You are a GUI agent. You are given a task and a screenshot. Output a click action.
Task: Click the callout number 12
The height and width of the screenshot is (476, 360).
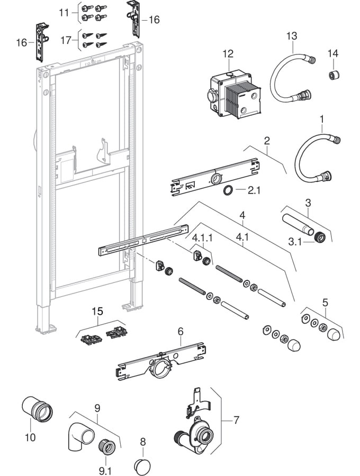(228, 53)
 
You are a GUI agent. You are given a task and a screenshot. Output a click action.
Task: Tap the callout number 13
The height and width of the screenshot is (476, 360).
(292, 35)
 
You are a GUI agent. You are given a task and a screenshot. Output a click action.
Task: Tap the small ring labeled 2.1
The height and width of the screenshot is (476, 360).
(227, 190)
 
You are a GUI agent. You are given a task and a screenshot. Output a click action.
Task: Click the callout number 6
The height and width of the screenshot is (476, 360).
(181, 331)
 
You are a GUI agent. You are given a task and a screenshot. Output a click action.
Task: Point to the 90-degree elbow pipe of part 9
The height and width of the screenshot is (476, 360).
(80, 437)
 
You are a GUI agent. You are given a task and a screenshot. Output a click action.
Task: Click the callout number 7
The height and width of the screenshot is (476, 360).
(236, 420)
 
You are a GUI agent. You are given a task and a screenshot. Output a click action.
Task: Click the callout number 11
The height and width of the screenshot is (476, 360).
(64, 12)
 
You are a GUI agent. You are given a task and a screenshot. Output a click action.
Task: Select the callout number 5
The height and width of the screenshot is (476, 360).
(325, 303)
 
